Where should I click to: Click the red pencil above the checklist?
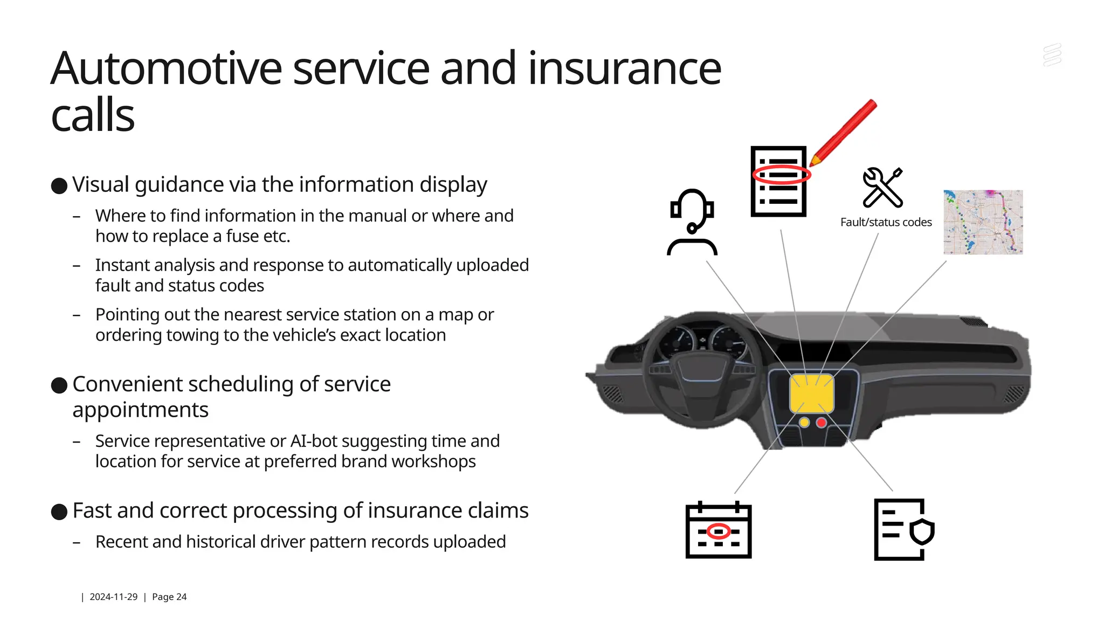(x=844, y=132)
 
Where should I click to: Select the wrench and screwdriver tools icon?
(x=882, y=187)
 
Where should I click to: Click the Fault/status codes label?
(x=886, y=222)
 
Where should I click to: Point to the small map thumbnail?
(x=983, y=222)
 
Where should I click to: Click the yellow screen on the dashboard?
(x=811, y=394)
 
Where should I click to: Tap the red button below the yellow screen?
(x=822, y=423)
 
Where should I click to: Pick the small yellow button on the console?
(x=804, y=423)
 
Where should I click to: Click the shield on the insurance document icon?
(x=922, y=532)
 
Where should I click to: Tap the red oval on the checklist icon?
(x=782, y=175)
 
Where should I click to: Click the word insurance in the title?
(x=624, y=68)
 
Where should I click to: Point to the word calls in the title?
(x=93, y=115)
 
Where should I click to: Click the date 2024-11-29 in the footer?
(x=113, y=597)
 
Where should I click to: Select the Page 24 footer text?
(x=169, y=597)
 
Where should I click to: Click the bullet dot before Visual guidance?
(x=59, y=186)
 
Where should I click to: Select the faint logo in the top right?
(x=1052, y=56)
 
